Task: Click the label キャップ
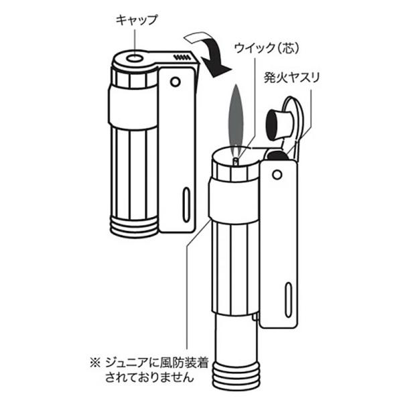point(137,20)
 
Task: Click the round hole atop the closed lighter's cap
point(133,59)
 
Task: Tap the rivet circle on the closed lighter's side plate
point(176,81)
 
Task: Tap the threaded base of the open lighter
point(234,375)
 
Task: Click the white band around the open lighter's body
point(232,201)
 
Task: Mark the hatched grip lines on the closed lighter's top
point(182,58)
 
